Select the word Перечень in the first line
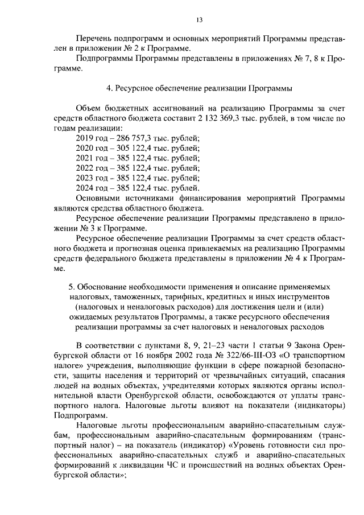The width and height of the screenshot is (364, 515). (x=93, y=39)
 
